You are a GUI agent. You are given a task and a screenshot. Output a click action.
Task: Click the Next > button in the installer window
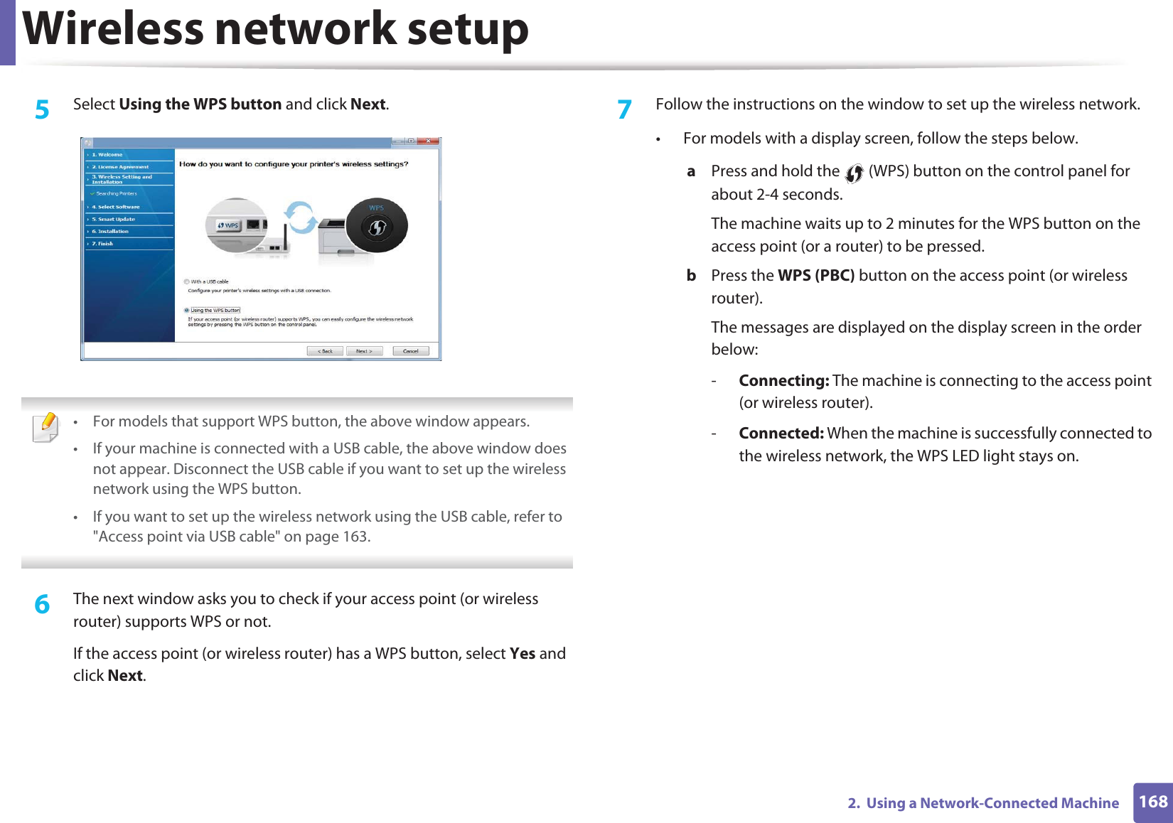click(364, 351)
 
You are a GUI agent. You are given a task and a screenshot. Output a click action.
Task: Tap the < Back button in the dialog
click(325, 351)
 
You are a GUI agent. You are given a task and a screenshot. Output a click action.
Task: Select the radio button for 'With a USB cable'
click(187, 281)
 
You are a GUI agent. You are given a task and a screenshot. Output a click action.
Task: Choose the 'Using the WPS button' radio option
click(187, 310)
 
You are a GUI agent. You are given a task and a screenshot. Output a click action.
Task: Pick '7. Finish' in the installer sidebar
click(102, 244)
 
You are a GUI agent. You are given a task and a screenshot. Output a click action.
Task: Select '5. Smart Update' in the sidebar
click(113, 219)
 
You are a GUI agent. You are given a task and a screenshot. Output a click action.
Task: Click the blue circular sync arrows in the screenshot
click(300, 217)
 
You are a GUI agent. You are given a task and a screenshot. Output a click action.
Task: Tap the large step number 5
click(43, 109)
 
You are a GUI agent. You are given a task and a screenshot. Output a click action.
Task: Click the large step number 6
click(43, 604)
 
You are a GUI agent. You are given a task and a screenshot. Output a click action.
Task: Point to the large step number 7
click(624, 109)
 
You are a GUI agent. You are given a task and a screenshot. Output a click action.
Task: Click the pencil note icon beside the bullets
click(46, 427)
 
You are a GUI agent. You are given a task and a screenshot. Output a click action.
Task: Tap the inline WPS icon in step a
click(854, 173)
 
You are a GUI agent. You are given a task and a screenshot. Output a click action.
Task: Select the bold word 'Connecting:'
click(783, 381)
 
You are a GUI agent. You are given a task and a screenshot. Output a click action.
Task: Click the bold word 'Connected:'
click(781, 434)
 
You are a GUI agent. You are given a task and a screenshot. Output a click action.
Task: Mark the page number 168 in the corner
click(1152, 802)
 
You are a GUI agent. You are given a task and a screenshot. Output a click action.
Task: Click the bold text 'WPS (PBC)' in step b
click(815, 276)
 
